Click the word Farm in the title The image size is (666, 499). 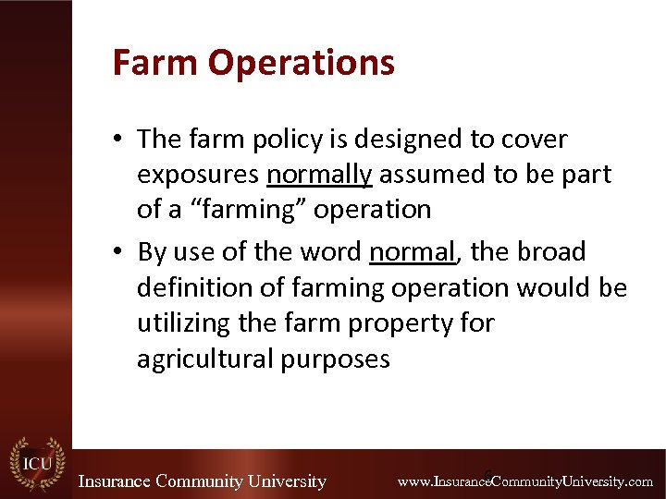pos(155,63)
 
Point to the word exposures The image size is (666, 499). pos(198,175)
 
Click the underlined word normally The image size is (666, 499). pos(319,175)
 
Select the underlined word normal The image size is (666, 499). pos(412,252)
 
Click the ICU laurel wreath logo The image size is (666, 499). pos(37,462)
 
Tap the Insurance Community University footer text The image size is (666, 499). pos(202,481)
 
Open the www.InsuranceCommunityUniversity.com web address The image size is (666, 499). pos(524,481)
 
